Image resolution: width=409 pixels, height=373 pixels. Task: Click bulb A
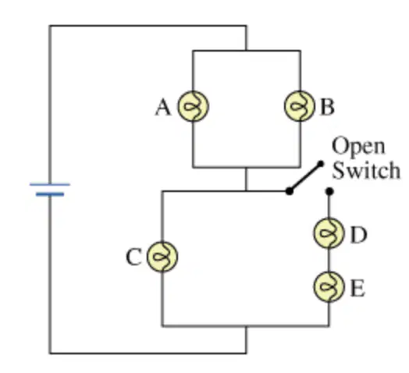pyautogui.click(x=194, y=106)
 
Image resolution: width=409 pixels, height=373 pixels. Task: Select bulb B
pyautogui.click(x=300, y=106)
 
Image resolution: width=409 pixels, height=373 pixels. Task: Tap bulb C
pyautogui.click(x=162, y=257)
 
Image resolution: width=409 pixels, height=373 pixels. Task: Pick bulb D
pyautogui.click(x=329, y=233)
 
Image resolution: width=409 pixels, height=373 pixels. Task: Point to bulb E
pyautogui.click(x=329, y=286)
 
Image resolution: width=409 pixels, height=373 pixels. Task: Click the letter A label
pyautogui.click(x=163, y=108)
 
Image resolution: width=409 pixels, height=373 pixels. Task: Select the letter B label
pyautogui.click(x=327, y=107)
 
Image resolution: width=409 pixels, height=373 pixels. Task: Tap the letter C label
pyautogui.click(x=133, y=258)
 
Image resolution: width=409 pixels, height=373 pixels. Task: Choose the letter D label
pyautogui.click(x=359, y=235)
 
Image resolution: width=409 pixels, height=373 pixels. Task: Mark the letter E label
pyautogui.click(x=357, y=289)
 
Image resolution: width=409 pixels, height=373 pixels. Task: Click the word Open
pyautogui.click(x=358, y=147)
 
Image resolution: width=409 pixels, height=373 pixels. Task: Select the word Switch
pyautogui.click(x=366, y=170)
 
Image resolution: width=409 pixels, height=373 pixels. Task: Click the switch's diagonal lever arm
pyautogui.click(x=305, y=177)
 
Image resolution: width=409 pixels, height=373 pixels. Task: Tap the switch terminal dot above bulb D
pyautogui.click(x=329, y=191)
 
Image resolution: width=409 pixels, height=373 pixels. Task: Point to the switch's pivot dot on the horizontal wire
pyautogui.click(x=290, y=191)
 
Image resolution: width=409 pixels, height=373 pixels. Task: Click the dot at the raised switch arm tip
pyautogui.click(x=321, y=164)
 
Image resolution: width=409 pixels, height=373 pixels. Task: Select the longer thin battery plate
pyautogui.click(x=49, y=184)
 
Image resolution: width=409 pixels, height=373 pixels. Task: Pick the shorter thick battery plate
pyautogui.click(x=50, y=194)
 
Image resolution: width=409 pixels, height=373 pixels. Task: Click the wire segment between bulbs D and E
pyautogui.click(x=329, y=260)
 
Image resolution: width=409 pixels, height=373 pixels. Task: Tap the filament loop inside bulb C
pyautogui.click(x=162, y=257)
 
